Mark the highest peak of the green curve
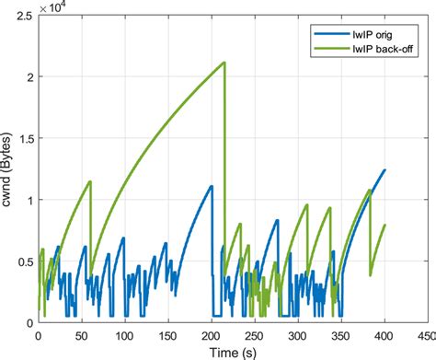[x=224, y=63]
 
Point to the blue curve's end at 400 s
[x=384, y=170]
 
